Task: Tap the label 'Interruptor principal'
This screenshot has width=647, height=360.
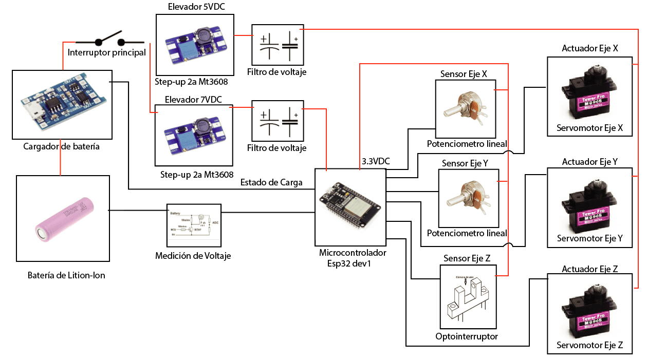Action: [x=107, y=52]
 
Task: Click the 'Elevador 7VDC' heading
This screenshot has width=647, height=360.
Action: [x=193, y=100]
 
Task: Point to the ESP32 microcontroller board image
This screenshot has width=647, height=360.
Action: [x=350, y=208]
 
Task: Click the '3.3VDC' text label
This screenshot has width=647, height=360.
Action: [x=376, y=161]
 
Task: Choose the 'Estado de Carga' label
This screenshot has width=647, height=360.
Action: [x=271, y=182]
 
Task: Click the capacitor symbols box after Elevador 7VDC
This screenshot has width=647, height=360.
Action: [x=278, y=121]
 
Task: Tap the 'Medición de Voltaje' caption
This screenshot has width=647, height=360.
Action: [x=193, y=255]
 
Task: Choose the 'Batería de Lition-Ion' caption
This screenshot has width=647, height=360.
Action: [x=66, y=275]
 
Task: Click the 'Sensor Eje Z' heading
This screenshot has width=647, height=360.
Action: [x=466, y=258]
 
